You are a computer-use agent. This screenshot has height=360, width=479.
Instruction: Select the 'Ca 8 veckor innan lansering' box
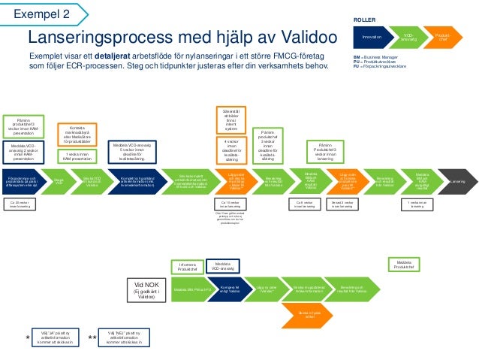pyautogui.click(x=305, y=204)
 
